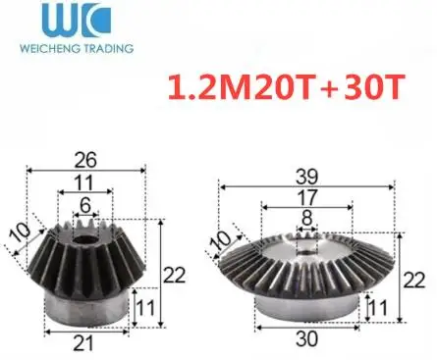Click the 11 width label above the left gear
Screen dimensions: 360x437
pos(87,180)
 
